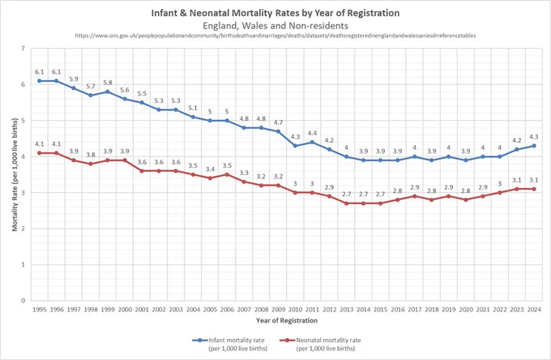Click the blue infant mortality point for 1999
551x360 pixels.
point(108,92)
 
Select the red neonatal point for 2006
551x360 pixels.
point(227,174)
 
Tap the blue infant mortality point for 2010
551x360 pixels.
point(295,146)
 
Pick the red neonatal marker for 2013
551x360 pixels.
point(347,204)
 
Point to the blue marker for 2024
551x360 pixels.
point(534,146)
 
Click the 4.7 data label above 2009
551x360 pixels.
point(278,122)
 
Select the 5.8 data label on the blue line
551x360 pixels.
point(108,83)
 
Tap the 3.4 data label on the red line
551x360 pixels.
point(210,169)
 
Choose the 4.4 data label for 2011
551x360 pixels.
point(313,133)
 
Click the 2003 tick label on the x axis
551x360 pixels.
point(176,310)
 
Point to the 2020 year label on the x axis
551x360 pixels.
point(466,310)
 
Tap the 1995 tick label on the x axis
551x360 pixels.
point(40,310)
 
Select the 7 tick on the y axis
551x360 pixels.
point(23,48)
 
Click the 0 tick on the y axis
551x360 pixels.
point(23,300)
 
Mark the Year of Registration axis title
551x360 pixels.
point(287,320)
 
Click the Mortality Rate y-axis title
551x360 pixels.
point(15,174)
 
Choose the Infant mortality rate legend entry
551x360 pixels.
point(230,344)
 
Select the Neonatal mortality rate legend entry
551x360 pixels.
point(321,344)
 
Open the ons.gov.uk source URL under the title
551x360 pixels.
point(275,36)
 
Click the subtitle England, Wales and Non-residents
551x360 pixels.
point(275,26)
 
